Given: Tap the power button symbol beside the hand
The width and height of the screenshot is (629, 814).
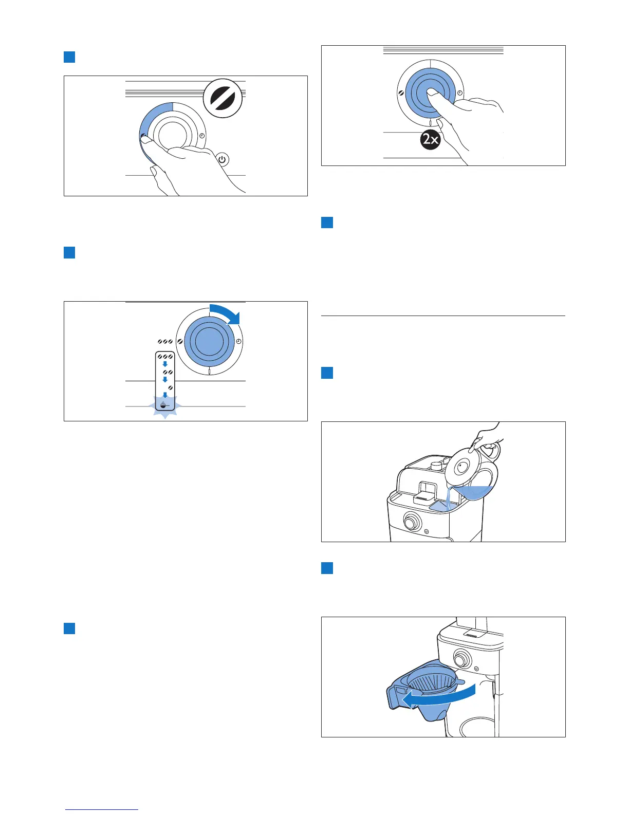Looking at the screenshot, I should (222, 160).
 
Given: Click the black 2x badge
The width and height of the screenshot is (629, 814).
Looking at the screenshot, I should (430, 140).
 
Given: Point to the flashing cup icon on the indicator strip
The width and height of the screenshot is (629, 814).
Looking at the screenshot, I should (165, 405).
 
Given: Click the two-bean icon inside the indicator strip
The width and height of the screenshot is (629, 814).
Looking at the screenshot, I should (167, 372).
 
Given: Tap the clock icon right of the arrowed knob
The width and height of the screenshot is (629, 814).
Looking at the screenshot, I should (239, 342).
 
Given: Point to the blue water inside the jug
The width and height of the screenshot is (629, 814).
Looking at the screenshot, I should (473, 492).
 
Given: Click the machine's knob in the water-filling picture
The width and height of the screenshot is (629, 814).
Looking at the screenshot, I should (411, 522).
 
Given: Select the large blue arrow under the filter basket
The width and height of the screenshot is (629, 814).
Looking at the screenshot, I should (437, 700).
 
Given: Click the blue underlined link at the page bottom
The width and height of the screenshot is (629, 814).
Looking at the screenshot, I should (102, 809).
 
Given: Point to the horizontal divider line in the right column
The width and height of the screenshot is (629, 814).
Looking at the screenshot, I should (443, 316).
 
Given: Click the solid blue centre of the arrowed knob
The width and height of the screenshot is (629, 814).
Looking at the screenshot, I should (206, 342).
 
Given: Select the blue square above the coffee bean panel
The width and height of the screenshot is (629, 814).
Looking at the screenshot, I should (69, 57).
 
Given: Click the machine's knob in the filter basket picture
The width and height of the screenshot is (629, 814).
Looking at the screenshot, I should (461, 658).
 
